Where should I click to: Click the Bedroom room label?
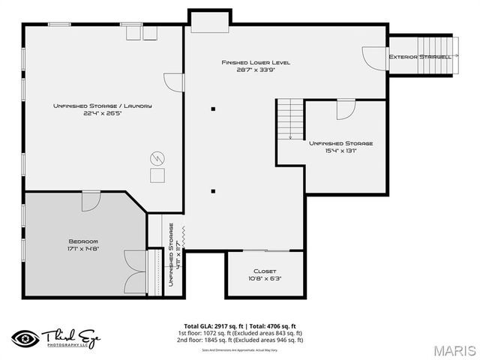tap(84, 241)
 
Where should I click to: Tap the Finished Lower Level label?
tap(255, 62)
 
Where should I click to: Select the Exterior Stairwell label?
tap(420, 56)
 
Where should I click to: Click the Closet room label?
tap(265, 271)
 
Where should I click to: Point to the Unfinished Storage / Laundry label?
tap(103, 106)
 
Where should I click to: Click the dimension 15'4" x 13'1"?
tap(341, 151)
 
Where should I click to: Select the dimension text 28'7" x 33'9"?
tap(255, 70)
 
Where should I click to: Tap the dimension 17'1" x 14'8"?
tap(84, 248)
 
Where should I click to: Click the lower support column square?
tap(213, 191)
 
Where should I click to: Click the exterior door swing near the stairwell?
tap(373, 58)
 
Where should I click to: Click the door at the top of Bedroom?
tap(91, 200)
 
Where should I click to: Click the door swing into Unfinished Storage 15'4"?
tap(345, 109)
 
